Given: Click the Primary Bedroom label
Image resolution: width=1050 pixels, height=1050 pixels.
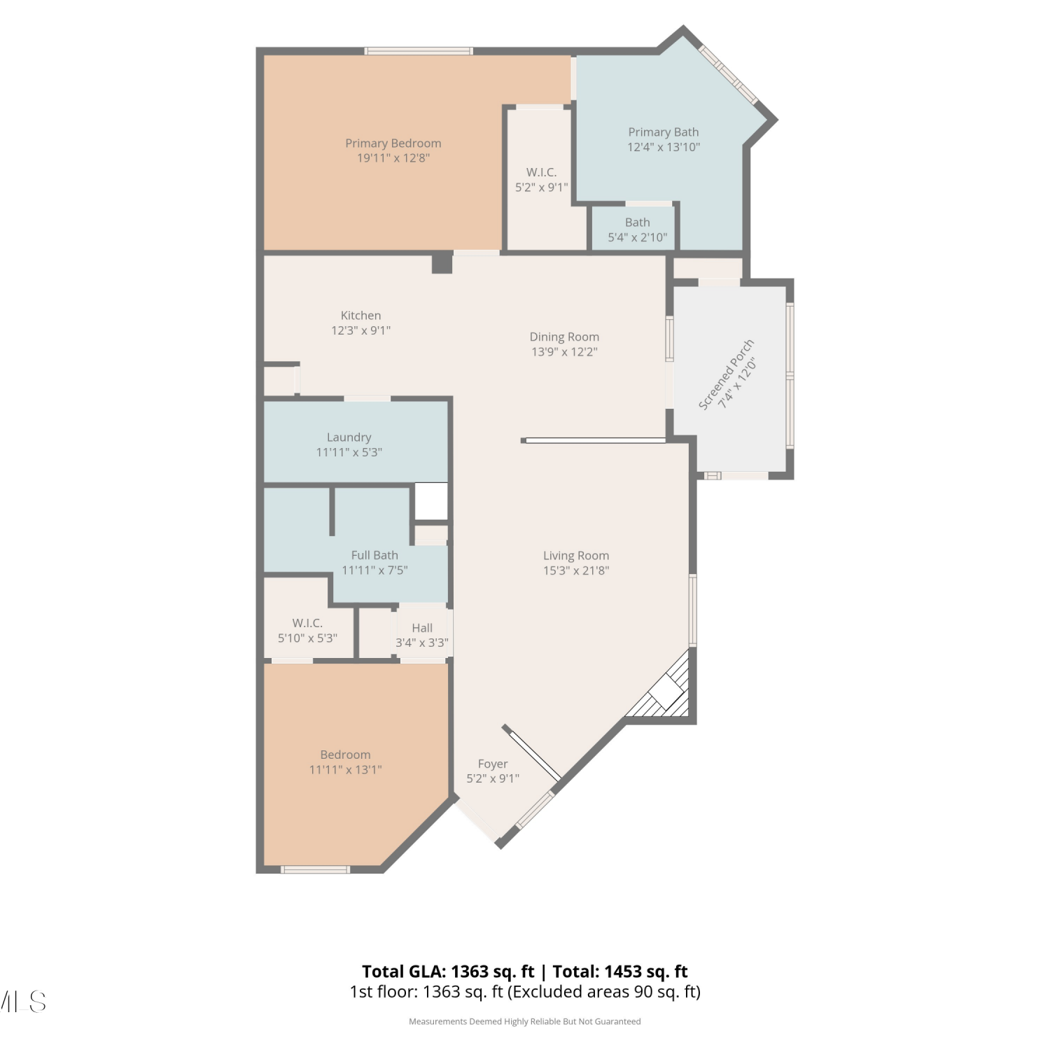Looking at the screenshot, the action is coord(393,143).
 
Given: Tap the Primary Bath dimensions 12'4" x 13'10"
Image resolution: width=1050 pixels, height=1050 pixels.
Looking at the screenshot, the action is coord(664,147).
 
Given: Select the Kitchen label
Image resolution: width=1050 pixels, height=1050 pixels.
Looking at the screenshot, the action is coord(361,316).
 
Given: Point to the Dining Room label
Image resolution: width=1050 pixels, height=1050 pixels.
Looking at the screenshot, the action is coord(564,337).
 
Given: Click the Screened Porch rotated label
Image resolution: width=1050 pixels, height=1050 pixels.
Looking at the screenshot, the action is coord(727,374).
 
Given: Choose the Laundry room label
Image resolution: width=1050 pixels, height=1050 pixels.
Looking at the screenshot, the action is coord(349,437).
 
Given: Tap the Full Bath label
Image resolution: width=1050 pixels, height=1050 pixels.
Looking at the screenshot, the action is coord(374,555).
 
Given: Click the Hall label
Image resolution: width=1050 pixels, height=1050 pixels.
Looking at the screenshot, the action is coord(422,628).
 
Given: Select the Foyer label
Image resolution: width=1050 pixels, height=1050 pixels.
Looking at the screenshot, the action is coord(493,764).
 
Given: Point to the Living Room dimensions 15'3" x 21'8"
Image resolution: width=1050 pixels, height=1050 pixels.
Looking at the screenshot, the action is coord(576,570).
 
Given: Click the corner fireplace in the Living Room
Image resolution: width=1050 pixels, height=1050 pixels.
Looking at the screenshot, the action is coord(666,689).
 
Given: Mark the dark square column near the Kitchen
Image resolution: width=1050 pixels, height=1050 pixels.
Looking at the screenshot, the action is coord(442,262).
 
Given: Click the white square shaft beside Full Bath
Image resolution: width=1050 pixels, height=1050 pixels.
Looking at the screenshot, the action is coord(431,501).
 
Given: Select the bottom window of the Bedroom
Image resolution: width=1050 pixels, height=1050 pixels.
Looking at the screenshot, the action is coord(315,869).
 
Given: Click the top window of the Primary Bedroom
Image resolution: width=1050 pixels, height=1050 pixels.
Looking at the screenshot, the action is coord(419,51).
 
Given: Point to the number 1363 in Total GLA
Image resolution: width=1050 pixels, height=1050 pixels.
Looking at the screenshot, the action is coord(470,972).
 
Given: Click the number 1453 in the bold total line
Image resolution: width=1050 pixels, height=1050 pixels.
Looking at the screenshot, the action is coord(623,972).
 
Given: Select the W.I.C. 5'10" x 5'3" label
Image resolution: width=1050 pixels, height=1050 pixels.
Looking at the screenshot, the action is coord(307,630).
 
